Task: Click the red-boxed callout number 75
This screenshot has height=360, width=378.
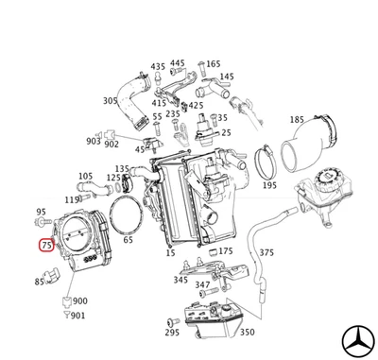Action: (x=46, y=246)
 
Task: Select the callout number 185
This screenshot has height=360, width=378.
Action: (x=296, y=120)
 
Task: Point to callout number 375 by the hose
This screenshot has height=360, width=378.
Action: (x=266, y=252)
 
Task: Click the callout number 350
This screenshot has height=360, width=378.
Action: (x=246, y=332)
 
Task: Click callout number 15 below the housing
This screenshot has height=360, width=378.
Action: (x=170, y=253)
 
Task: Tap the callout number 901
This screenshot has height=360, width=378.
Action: (x=77, y=315)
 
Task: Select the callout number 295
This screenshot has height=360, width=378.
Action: (x=171, y=333)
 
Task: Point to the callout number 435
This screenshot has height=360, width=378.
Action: (x=158, y=68)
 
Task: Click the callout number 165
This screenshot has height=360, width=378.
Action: (x=214, y=63)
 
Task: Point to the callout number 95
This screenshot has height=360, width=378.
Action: (x=41, y=212)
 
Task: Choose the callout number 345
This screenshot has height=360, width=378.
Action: (x=180, y=280)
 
